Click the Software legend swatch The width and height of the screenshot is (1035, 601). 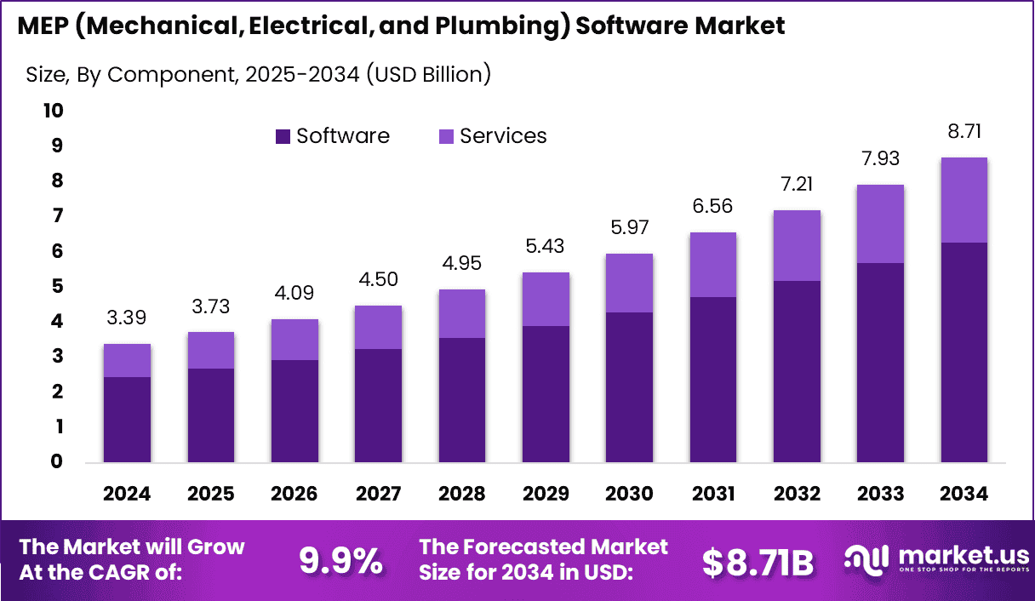283,137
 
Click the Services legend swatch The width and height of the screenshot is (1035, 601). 447,137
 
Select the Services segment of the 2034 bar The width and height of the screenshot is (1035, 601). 964,200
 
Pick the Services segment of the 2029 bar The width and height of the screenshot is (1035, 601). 546,299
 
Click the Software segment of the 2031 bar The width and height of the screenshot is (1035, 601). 713,380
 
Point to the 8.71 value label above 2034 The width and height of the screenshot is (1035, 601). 964,132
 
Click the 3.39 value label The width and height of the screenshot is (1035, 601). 127,318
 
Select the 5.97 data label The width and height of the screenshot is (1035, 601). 629,228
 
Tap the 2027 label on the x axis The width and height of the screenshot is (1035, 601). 378,495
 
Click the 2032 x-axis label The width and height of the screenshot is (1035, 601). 797,495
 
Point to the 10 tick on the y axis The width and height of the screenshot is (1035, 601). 53,111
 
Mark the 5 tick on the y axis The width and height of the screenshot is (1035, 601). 58,286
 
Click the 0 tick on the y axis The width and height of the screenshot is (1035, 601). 58,462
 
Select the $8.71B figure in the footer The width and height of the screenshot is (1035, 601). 758,561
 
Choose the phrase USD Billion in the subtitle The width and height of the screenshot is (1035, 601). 427,74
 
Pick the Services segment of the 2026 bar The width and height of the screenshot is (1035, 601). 294,340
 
